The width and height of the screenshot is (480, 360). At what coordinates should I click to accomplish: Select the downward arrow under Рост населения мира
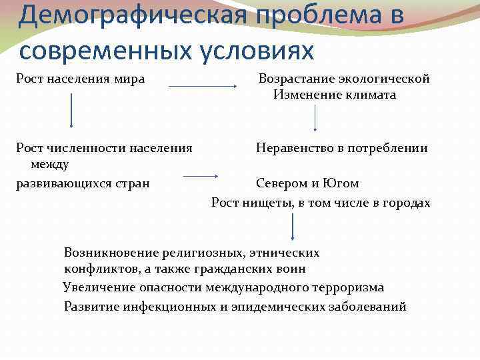(x=71, y=111)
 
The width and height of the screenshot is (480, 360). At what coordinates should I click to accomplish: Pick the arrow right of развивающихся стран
(x=201, y=176)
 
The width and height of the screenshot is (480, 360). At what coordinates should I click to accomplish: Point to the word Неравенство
(x=291, y=148)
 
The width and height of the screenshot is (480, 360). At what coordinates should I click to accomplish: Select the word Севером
(x=281, y=183)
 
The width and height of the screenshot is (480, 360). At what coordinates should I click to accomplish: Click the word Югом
(x=342, y=183)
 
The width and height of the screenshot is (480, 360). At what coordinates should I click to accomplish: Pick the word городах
(x=406, y=203)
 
